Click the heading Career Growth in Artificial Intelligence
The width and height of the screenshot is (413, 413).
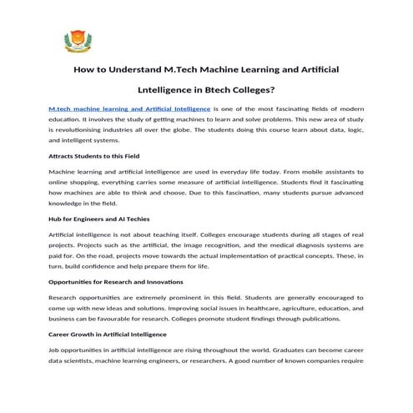pos(107,333)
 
